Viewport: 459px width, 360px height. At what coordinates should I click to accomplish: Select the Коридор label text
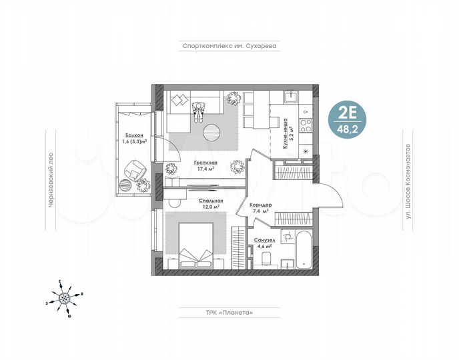[x=260, y=206]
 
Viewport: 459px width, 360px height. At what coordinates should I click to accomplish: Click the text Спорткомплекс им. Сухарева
[x=229, y=47]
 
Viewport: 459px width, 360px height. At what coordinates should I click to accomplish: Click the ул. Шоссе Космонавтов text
[x=407, y=180]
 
